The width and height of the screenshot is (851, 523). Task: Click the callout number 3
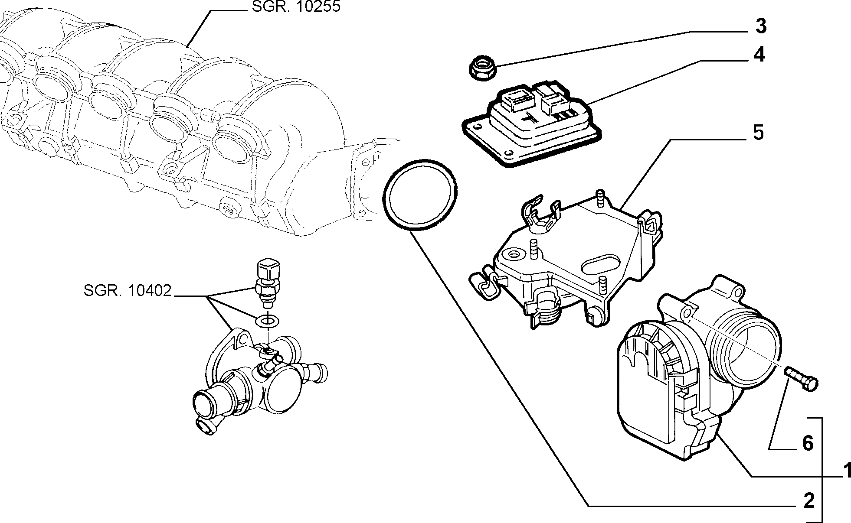pos(761,26)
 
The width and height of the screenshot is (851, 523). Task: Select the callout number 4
pos(759,55)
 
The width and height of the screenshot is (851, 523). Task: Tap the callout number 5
pos(758,133)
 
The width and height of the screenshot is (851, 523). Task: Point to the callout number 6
pos(807,443)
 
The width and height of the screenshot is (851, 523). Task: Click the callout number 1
pos(845,471)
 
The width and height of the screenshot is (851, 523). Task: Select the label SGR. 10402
pos(128,291)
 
